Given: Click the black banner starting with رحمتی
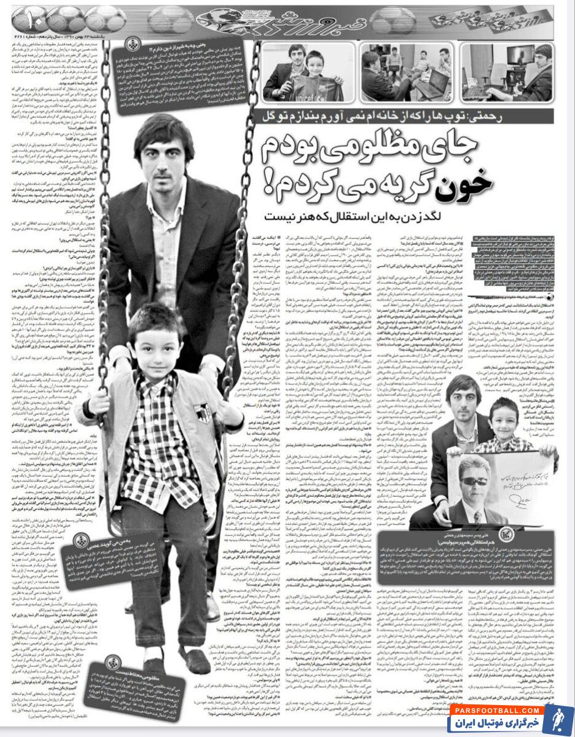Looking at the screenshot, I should click(405, 115).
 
